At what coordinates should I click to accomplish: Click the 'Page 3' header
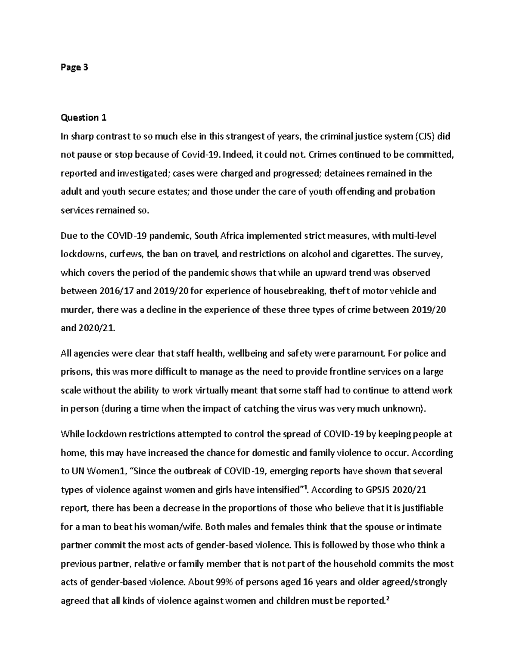(x=74, y=67)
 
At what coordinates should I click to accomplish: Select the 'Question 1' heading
(x=83, y=118)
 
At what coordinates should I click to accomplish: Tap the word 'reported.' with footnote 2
(x=365, y=601)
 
